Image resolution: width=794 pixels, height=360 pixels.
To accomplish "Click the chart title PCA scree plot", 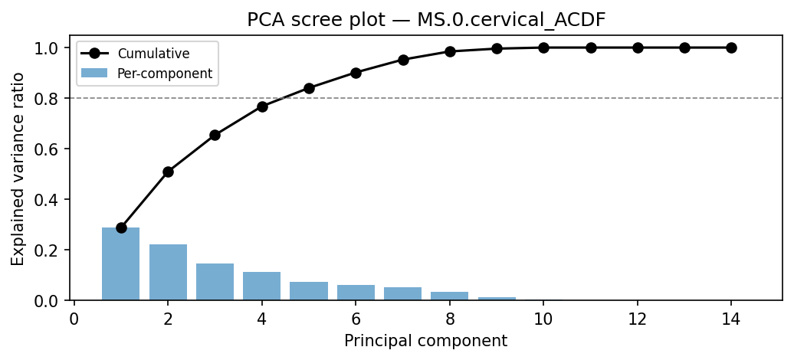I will point(426,20).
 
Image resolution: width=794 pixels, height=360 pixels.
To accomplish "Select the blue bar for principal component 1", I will point(121,263).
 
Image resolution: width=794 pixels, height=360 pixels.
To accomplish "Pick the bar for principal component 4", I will point(262,286).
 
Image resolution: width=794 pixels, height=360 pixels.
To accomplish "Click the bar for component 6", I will point(356,293).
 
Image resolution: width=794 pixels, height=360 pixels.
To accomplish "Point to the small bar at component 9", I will point(497,298).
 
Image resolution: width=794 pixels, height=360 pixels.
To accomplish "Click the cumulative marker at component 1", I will point(121,227).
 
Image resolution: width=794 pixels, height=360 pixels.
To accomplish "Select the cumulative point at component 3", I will point(215,135).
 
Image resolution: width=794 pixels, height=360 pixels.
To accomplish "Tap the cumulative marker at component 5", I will point(309,88).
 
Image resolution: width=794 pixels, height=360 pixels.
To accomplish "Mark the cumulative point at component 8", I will point(450,51).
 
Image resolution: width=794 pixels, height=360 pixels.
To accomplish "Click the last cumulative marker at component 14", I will point(731,47).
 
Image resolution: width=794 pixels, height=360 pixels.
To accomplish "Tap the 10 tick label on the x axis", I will point(543,318).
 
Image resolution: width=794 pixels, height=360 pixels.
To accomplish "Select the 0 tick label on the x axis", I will point(74,318).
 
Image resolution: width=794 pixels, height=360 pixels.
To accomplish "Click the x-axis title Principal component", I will point(425,341).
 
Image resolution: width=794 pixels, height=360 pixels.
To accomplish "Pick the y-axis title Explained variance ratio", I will point(18,169).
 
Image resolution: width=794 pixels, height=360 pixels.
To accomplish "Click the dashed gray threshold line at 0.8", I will point(613,98).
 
